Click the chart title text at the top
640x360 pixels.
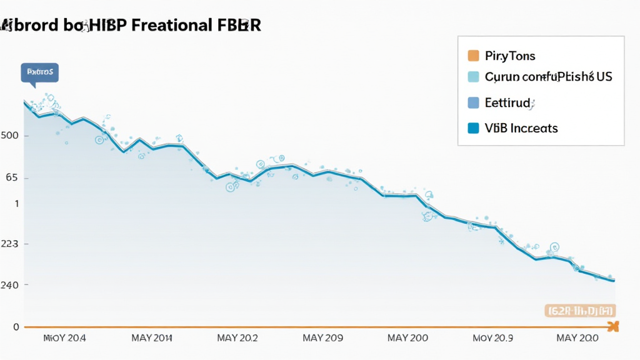coord(131,26)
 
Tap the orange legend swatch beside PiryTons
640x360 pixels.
coord(473,56)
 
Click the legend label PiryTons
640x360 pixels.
coord(510,56)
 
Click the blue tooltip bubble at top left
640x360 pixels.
coord(39,72)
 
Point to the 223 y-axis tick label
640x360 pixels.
coord(12,244)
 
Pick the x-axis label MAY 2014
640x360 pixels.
coord(152,338)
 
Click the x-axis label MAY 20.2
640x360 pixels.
coord(237,338)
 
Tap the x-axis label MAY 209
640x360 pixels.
coord(322,338)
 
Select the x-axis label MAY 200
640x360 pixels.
coord(407,338)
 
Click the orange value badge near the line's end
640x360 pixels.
coord(581,310)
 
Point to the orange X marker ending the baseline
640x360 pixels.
coord(612,326)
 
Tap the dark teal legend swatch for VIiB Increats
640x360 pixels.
coord(473,128)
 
